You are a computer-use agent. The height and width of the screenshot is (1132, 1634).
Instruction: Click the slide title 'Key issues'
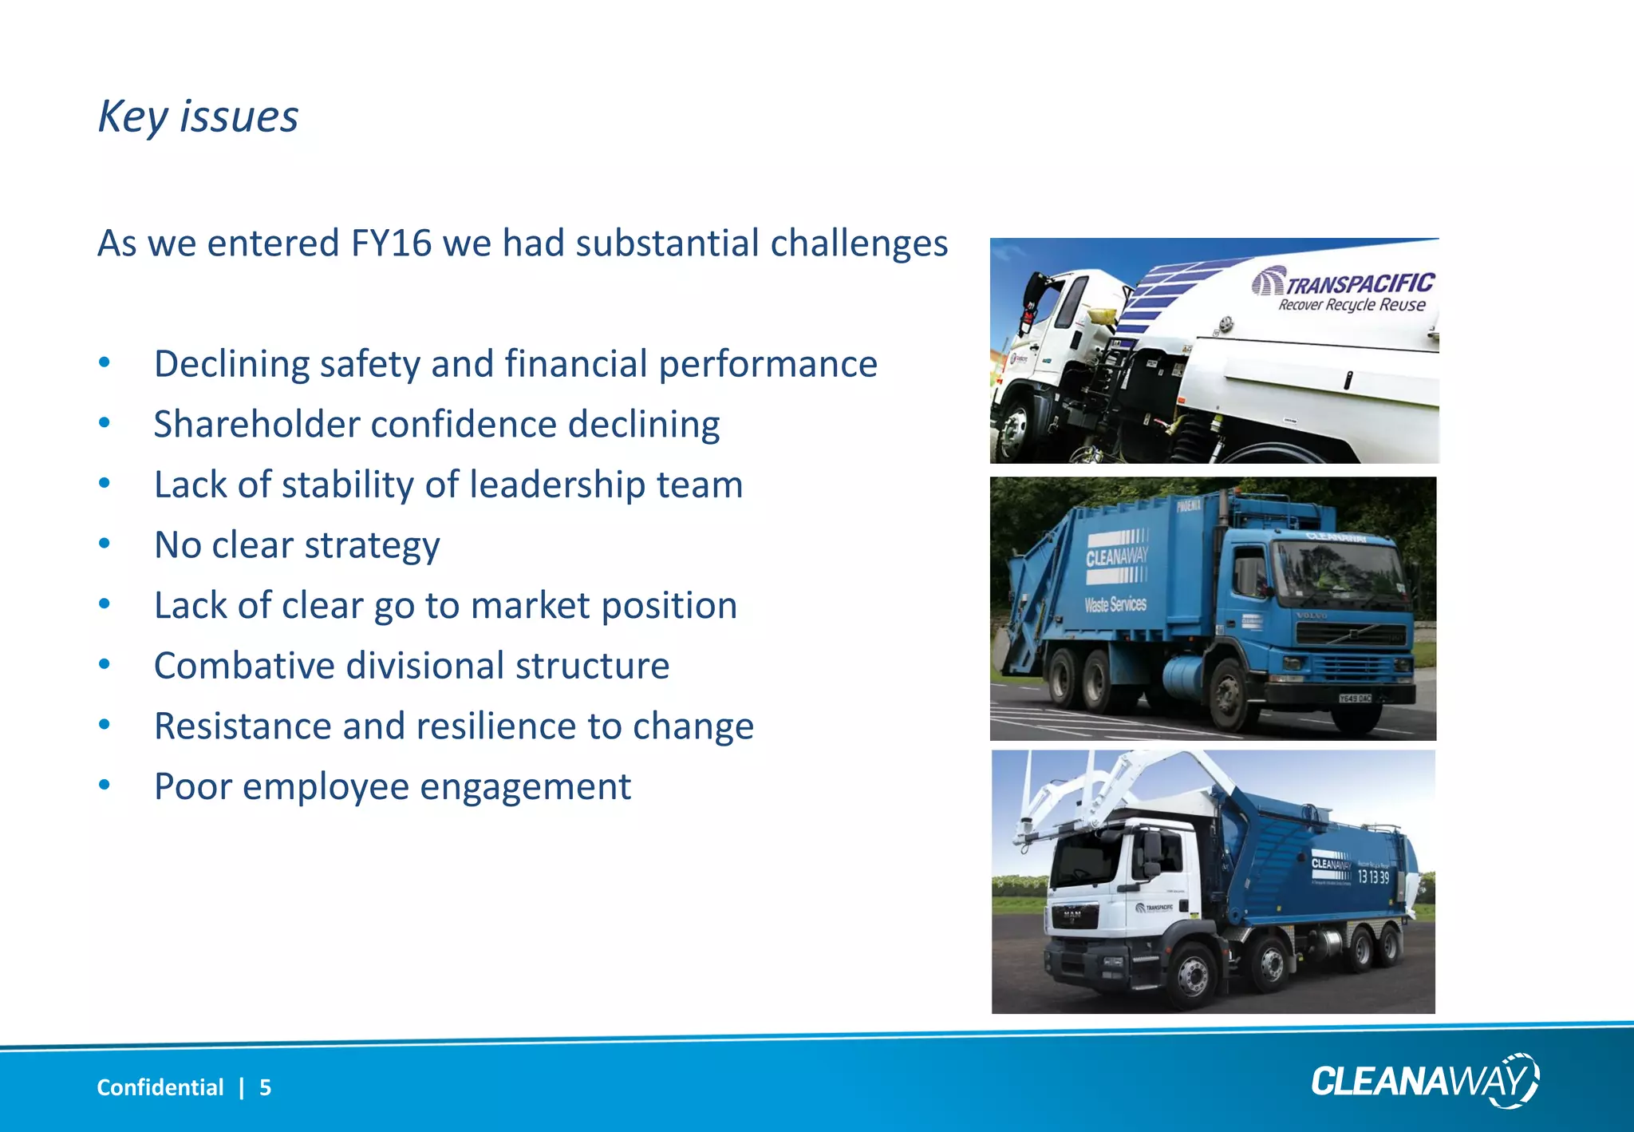(198, 117)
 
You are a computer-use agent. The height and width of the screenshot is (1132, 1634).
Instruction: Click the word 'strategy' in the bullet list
(372, 546)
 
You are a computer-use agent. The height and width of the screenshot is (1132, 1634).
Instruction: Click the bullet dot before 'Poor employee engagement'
(104, 786)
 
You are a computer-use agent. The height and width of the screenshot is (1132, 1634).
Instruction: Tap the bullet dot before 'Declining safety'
(104, 363)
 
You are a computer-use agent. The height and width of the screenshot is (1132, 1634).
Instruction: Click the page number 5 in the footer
(265, 1087)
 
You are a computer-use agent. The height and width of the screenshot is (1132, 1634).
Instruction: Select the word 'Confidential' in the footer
(160, 1087)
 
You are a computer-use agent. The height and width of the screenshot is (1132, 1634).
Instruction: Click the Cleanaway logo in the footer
(1425, 1081)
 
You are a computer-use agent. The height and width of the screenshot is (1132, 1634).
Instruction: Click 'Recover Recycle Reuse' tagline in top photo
(1352, 305)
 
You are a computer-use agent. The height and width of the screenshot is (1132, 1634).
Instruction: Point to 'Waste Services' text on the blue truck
(1115, 604)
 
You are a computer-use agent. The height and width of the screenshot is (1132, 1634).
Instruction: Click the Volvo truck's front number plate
(1354, 699)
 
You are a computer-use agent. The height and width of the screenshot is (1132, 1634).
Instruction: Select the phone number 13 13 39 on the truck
(1373, 877)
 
